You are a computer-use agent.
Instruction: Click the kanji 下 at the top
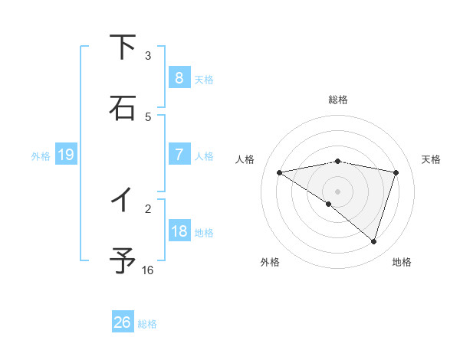pos(123,47)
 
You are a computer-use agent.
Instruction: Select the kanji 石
pos(123,108)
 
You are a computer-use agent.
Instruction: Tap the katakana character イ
pos(123,200)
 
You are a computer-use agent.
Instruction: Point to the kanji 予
pos(123,261)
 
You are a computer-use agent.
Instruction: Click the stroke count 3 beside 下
pos(148,56)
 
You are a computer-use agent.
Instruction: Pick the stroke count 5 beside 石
pos(148,116)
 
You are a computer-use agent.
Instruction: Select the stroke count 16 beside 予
pos(148,270)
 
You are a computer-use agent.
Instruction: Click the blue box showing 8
pos(179,77)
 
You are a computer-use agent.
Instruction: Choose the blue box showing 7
pos(179,155)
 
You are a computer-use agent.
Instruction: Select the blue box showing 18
pos(179,231)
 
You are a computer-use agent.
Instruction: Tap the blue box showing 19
pos(65,155)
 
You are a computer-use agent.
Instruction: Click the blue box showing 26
pos(122,322)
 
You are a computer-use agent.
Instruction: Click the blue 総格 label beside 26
pos(147,324)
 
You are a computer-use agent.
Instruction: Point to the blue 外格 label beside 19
pos(41,156)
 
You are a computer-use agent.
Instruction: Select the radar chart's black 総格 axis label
pos(338,100)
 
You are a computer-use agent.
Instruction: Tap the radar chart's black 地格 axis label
pos(402,262)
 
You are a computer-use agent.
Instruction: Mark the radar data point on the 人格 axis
pos(280,172)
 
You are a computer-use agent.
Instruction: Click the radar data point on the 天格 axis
pos(396,172)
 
